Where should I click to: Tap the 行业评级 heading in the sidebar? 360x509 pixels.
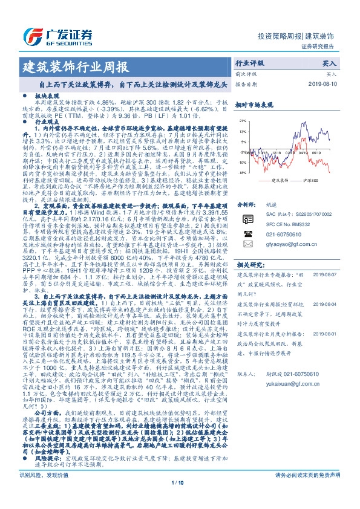250,63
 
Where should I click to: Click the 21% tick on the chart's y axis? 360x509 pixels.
242,121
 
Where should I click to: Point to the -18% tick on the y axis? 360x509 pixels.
242,172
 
